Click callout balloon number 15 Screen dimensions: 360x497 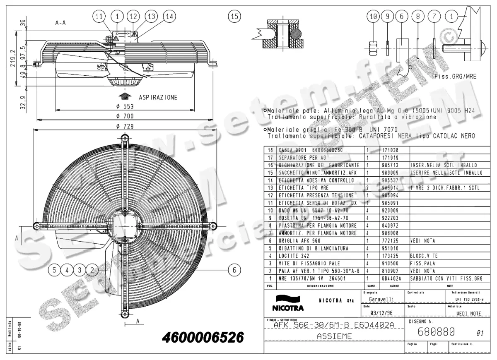[x=234, y=16]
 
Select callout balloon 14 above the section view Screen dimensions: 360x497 [x=168, y=16]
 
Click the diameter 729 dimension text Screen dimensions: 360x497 [x=124, y=126]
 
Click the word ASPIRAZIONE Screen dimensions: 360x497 [x=158, y=98]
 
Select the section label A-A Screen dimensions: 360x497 [x=60, y=23]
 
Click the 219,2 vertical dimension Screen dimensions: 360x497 [x=13, y=58]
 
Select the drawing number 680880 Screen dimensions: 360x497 [x=437, y=331]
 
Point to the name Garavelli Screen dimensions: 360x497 [x=381, y=299]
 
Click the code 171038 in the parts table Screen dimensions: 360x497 [x=389, y=150]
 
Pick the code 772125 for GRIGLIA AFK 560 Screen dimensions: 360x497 [x=389, y=241]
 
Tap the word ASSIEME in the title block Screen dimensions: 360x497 [x=334, y=336]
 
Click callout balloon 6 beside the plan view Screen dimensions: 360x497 [x=234, y=270]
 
